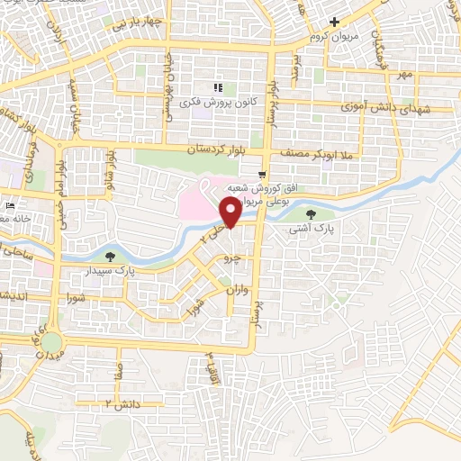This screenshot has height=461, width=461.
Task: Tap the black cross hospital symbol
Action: (x=334, y=21)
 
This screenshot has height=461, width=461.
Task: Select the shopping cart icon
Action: (x=261, y=174)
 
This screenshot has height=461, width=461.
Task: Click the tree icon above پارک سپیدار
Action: (x=110, y=257)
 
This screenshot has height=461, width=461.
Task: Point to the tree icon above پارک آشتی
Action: (x=311, y=214)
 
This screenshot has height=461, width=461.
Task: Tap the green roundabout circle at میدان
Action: (x=51, y=343)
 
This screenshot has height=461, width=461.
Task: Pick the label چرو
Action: (x=232, y=258)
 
